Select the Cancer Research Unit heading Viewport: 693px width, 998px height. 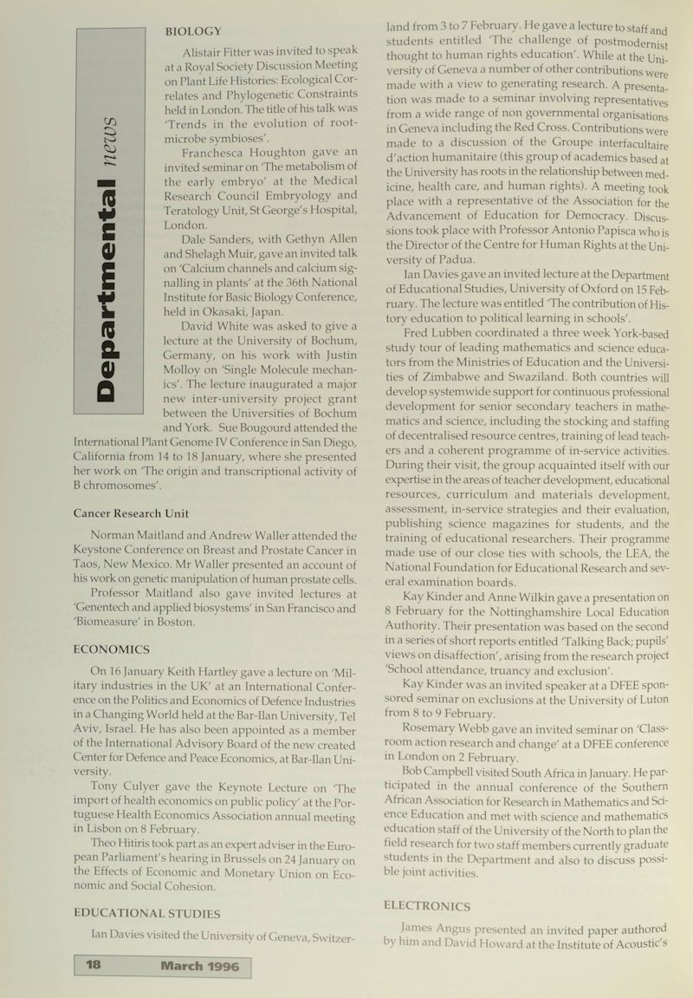click(131, 513)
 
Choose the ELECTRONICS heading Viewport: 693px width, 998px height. click(426, 906)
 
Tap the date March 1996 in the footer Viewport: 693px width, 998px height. click(200, 965)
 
